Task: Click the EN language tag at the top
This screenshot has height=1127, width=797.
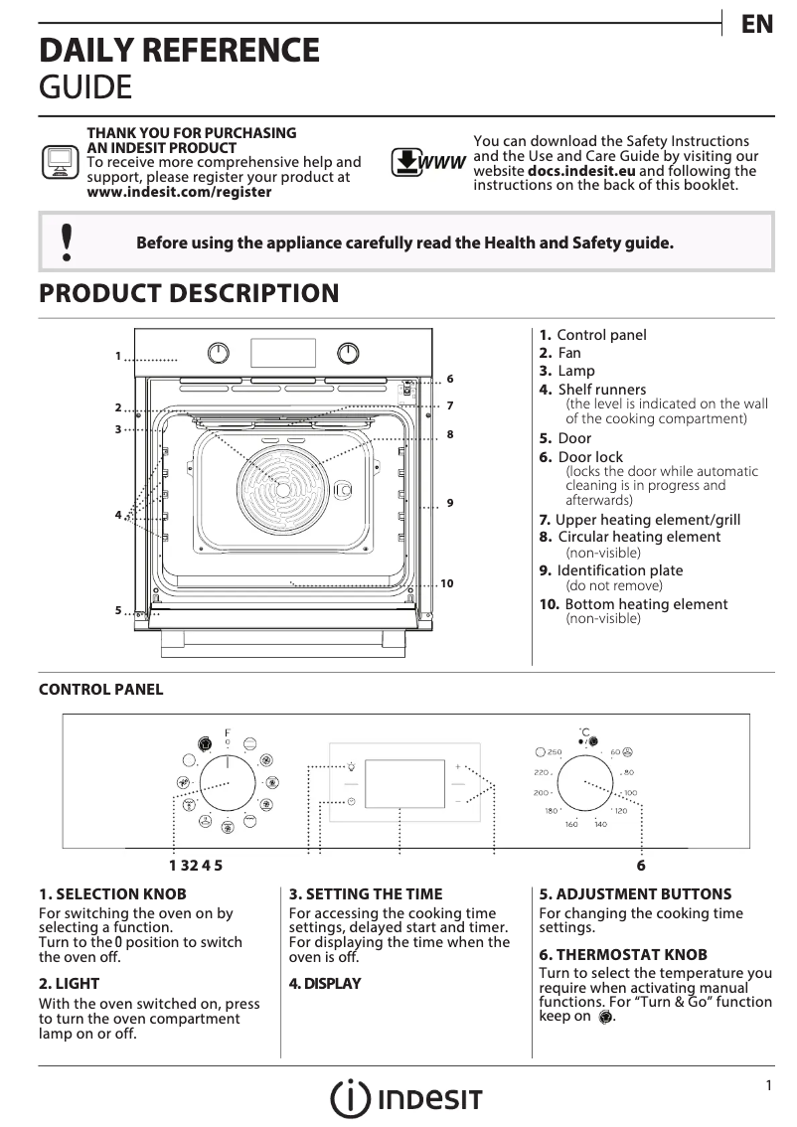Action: pos(756,25)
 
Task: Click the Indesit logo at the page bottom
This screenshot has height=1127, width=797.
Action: pos(406,1098)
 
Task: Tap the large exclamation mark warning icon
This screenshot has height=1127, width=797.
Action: pos(67,242)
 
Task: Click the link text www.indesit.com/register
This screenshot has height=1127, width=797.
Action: pos(179,192)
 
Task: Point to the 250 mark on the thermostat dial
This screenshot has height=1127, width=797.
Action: pos(554,751)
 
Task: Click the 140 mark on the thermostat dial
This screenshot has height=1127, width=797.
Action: pos(600,825)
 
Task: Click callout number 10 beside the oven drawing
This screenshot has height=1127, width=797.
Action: pos(446,583)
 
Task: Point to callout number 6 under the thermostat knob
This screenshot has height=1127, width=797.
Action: pos(641,865)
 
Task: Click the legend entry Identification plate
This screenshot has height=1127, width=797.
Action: pos(619,570)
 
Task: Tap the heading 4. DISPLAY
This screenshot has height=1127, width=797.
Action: pos(325,984)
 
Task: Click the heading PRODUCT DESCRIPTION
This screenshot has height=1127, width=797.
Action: pos(188,293)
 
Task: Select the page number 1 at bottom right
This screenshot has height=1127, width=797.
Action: pos(768,1086)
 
